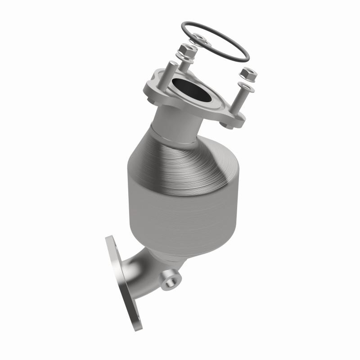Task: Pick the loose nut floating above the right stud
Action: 248,74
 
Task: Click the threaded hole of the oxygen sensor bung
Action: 170,282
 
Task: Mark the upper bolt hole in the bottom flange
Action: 112,243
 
